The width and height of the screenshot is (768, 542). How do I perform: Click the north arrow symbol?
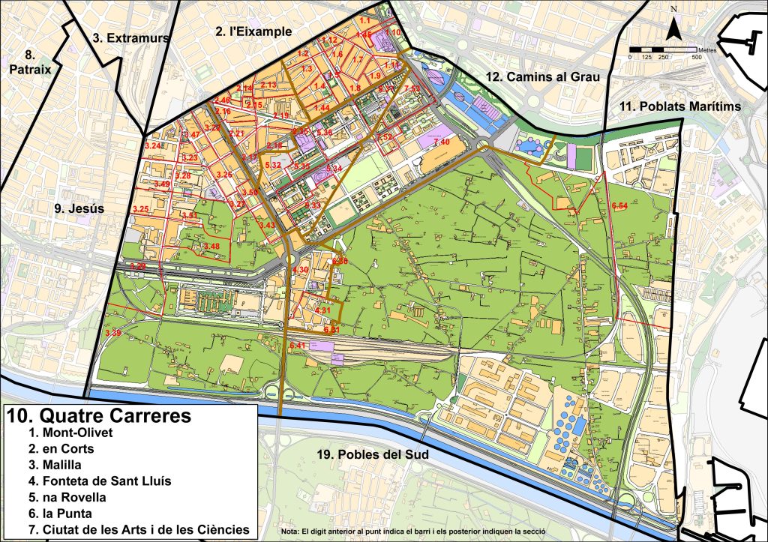(675, 28)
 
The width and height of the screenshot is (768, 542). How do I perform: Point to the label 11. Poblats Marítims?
(680, 107)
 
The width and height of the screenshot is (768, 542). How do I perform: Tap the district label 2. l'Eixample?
(253, 31)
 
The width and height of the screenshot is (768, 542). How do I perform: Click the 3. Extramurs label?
(131, 37)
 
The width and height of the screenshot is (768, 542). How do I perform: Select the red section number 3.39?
(113, 332)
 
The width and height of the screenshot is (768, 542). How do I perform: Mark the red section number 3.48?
(211, 246)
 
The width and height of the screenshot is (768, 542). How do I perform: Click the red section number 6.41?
(297, 345)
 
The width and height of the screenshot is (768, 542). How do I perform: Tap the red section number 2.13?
(268, 85)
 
